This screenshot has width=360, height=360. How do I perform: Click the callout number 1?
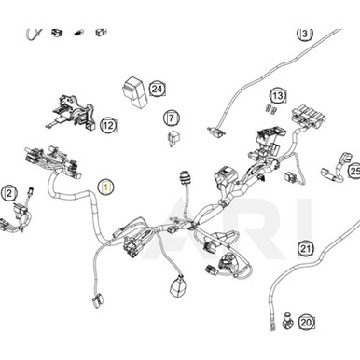(x=106, y=187)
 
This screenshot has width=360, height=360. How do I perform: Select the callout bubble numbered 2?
(x=9, y=194)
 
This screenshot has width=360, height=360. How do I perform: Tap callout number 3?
(x=305, y=34)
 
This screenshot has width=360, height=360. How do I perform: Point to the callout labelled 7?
(x=172, y=118)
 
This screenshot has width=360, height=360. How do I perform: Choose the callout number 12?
(x=108, y=126)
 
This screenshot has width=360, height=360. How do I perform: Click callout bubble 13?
(x=278, y=96)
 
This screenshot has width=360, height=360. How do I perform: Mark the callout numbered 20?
(x=306, y=323)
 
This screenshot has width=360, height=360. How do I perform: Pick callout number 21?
(x=306, y=248)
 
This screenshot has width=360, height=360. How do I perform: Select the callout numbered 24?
(x=158, y=90)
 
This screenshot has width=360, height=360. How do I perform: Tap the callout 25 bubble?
(x=354, y=171)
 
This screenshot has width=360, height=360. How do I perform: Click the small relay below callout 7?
(x=172, y=138)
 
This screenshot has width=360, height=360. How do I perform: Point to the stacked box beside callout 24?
(x=134, y=92)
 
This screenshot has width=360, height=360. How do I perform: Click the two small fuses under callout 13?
(x=271, y=109)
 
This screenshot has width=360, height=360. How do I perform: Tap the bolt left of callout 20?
(x=288, y=322)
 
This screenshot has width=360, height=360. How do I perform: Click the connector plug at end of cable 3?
(x=215, y=132)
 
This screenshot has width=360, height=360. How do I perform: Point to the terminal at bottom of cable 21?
(x=273, y=326)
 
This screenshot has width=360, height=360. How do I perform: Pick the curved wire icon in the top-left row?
(x=33, y=34)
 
